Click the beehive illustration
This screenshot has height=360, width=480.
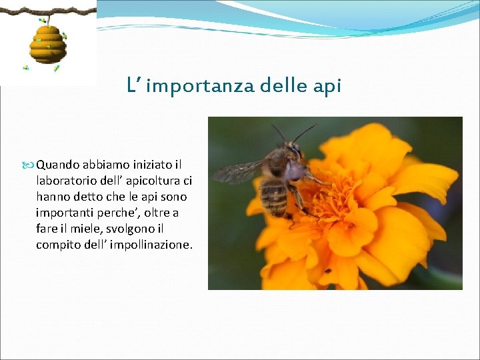pyautogui.click(x=47, y=44)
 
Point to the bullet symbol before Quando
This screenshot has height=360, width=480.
pyautogui.click(x=30, y=165)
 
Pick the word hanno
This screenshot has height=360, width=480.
pyautogui.click(x=51, y=197)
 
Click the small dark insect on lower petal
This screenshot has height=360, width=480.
pyautogui.click(x=327, y=271)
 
